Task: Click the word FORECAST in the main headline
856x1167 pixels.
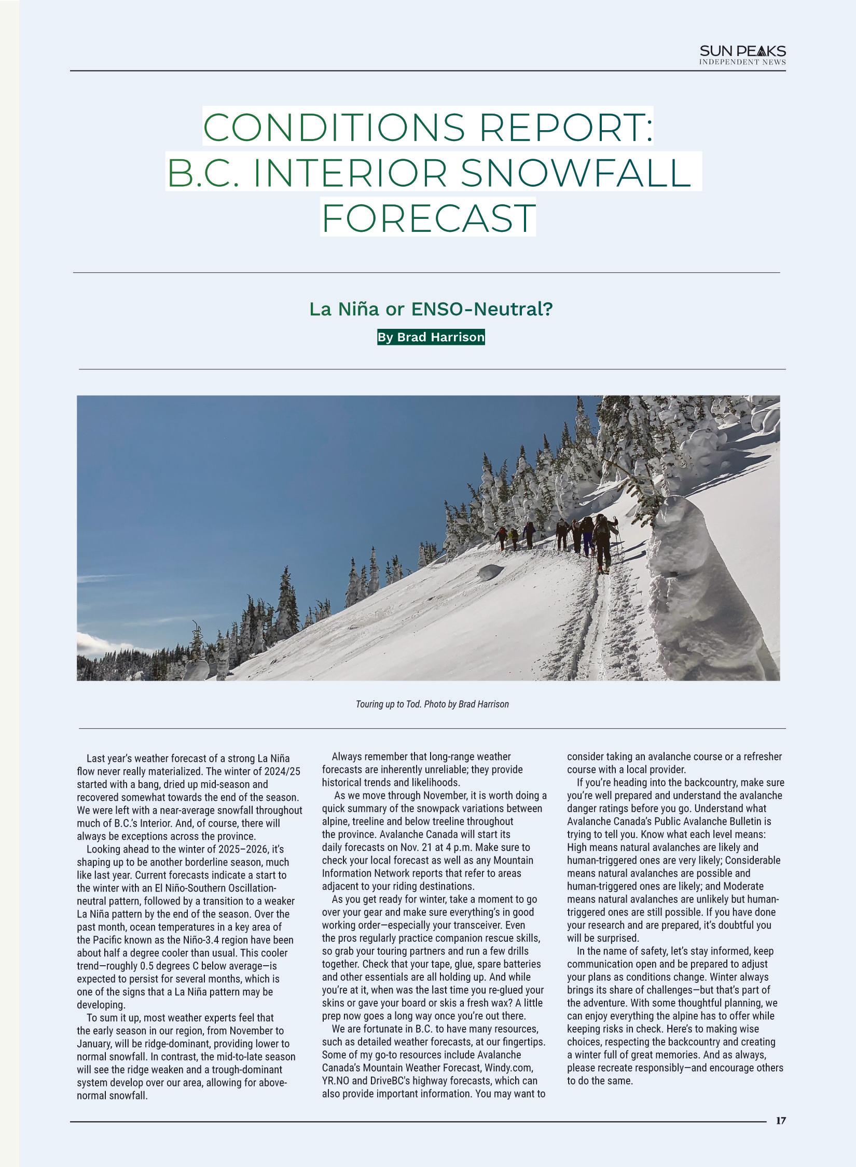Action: tap(429, 218)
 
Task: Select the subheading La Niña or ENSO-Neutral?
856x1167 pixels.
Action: tap(431, 309)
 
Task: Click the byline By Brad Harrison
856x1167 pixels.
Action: tap(431, 337)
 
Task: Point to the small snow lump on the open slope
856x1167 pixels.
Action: tap(491, 572)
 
